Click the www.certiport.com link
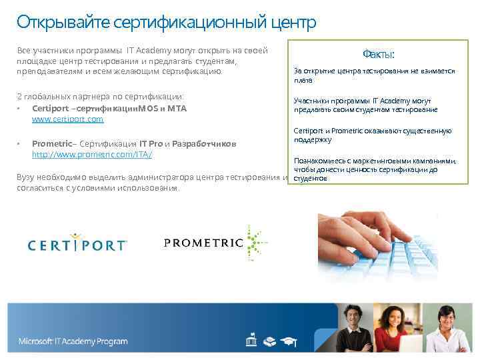(67, 119)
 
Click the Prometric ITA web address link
(92, 155)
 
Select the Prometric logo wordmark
(203, 242)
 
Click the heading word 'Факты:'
(378, 53)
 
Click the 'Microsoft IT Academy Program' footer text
(73, 341)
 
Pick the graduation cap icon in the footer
(289, 341)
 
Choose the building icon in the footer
(251, 341)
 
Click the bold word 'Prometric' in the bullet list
(49, 144)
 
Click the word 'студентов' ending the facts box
(310, 179)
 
